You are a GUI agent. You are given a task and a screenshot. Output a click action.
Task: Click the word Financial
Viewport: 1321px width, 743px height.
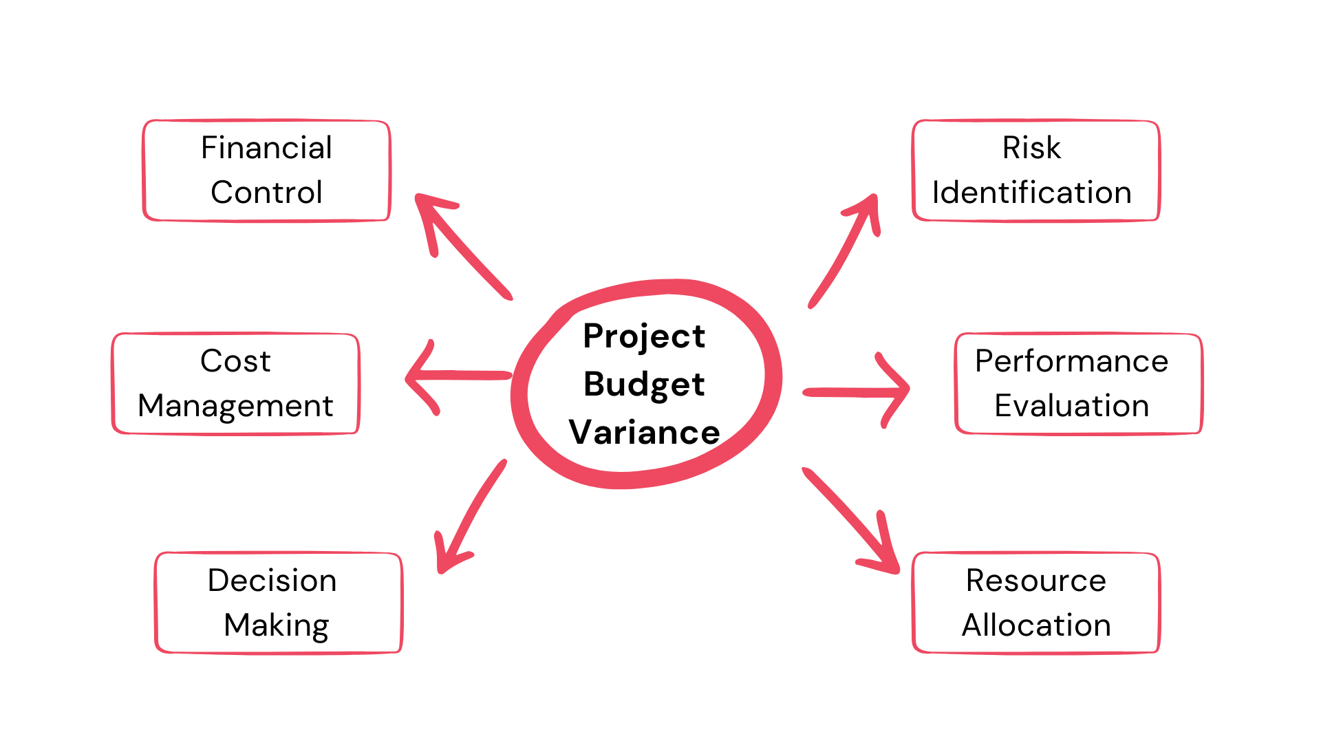coord(266,148)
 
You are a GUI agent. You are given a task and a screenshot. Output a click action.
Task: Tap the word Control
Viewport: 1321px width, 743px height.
coord(266,193)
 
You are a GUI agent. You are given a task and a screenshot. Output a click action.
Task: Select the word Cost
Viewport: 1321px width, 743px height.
coord(235,361)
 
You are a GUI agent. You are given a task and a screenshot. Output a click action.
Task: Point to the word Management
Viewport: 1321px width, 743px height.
coord(235,406)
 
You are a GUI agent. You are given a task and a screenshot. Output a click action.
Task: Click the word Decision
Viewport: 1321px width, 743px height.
coord(272,581)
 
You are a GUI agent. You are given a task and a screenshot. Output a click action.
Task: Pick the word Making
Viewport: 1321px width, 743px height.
coord(277,625)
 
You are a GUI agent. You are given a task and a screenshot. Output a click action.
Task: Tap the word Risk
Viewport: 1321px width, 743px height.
coord(1031,148)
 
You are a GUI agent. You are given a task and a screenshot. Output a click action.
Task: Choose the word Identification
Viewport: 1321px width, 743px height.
coord(1031,193)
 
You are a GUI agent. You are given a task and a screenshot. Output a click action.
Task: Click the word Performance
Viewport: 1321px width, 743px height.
coord(1071,361)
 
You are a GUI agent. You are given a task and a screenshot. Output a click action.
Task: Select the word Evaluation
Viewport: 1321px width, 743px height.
coord(1071,406)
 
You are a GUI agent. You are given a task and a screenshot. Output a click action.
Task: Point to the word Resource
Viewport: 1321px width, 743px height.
coord(1035,581)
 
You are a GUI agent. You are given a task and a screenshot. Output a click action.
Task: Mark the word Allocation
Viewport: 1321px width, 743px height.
coord(1035,625)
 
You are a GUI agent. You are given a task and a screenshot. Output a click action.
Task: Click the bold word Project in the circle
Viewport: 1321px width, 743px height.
coord(644,336)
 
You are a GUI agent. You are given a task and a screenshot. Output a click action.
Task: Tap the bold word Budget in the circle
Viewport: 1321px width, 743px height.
coord(644,384)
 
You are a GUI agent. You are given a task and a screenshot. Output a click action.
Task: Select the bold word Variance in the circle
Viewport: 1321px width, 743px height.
coord(644,433)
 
